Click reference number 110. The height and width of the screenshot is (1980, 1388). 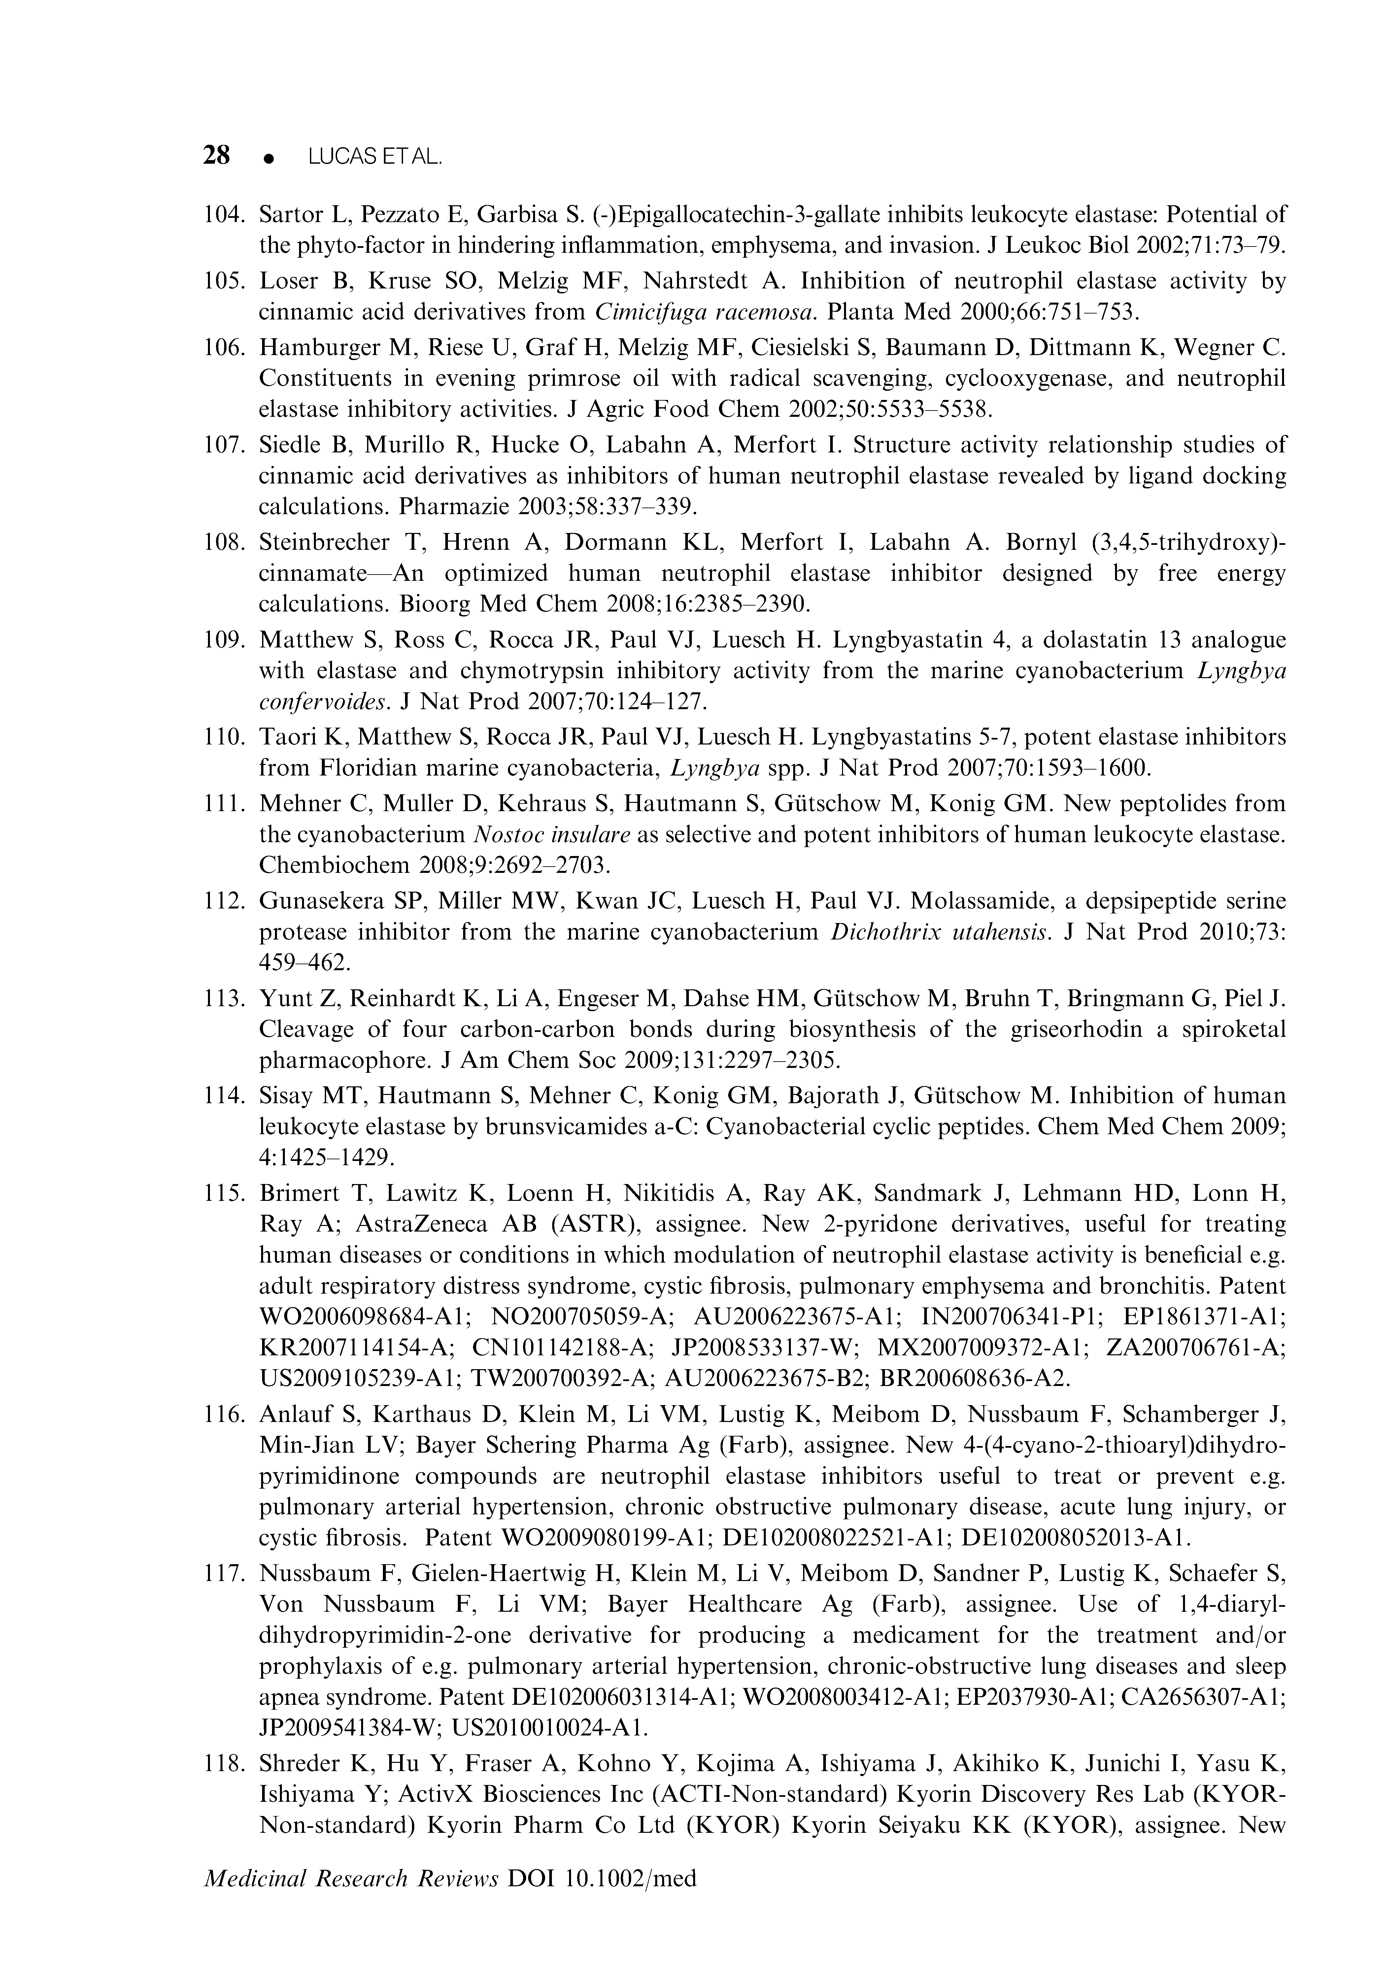point(226,737)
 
